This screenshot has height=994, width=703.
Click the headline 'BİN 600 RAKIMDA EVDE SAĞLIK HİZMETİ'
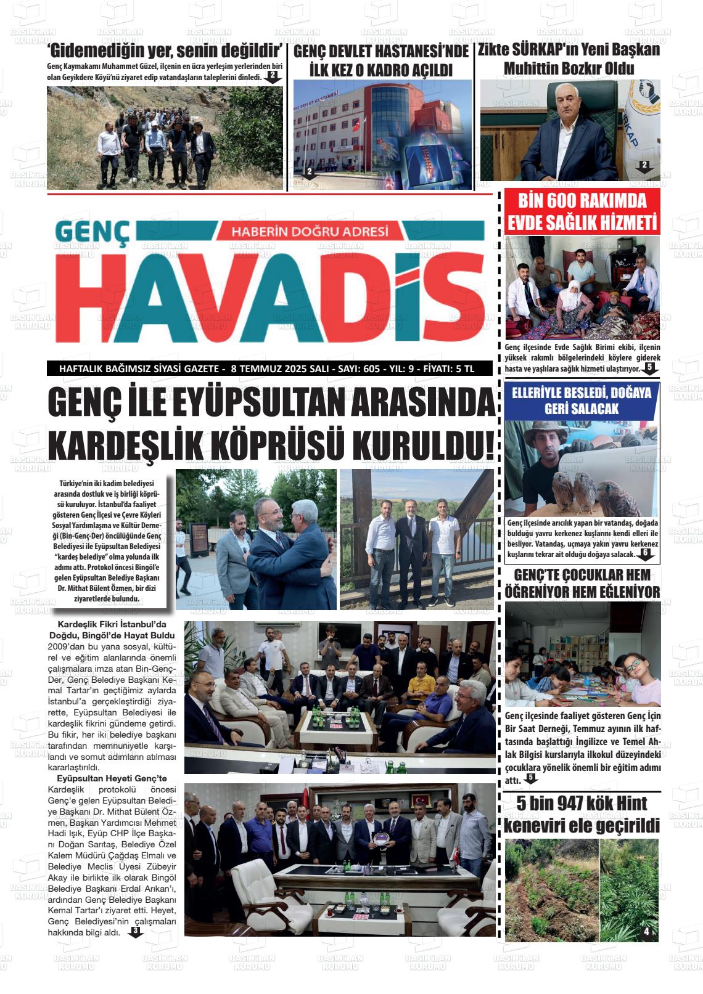[582, 211]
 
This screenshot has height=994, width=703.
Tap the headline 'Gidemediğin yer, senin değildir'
[165, 51]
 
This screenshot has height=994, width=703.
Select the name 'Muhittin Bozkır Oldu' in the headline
[569, 68]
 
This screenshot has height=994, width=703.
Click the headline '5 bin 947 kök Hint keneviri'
[582, 814]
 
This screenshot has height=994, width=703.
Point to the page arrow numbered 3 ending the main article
[135, 932]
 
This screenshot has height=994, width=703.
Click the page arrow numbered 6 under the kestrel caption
[645, 554]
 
